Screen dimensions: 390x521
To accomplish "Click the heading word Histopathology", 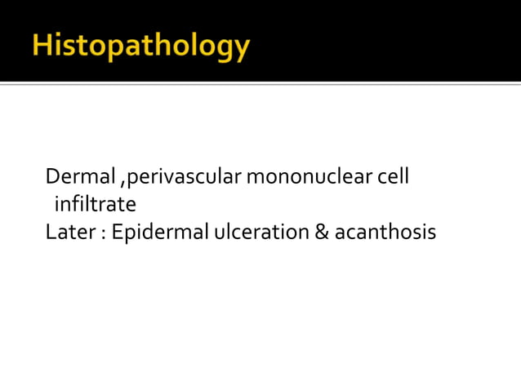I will (140, 47).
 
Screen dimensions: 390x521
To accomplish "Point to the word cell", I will (391, 175).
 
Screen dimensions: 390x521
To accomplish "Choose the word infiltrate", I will (95, 203).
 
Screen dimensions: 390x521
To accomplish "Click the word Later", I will (67, 233).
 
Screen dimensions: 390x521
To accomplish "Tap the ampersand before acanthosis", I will (321, 233).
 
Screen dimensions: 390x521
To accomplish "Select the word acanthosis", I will (385, 233).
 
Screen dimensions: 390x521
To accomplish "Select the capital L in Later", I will (51, 233).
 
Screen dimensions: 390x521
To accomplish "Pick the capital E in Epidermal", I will (117, 233).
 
